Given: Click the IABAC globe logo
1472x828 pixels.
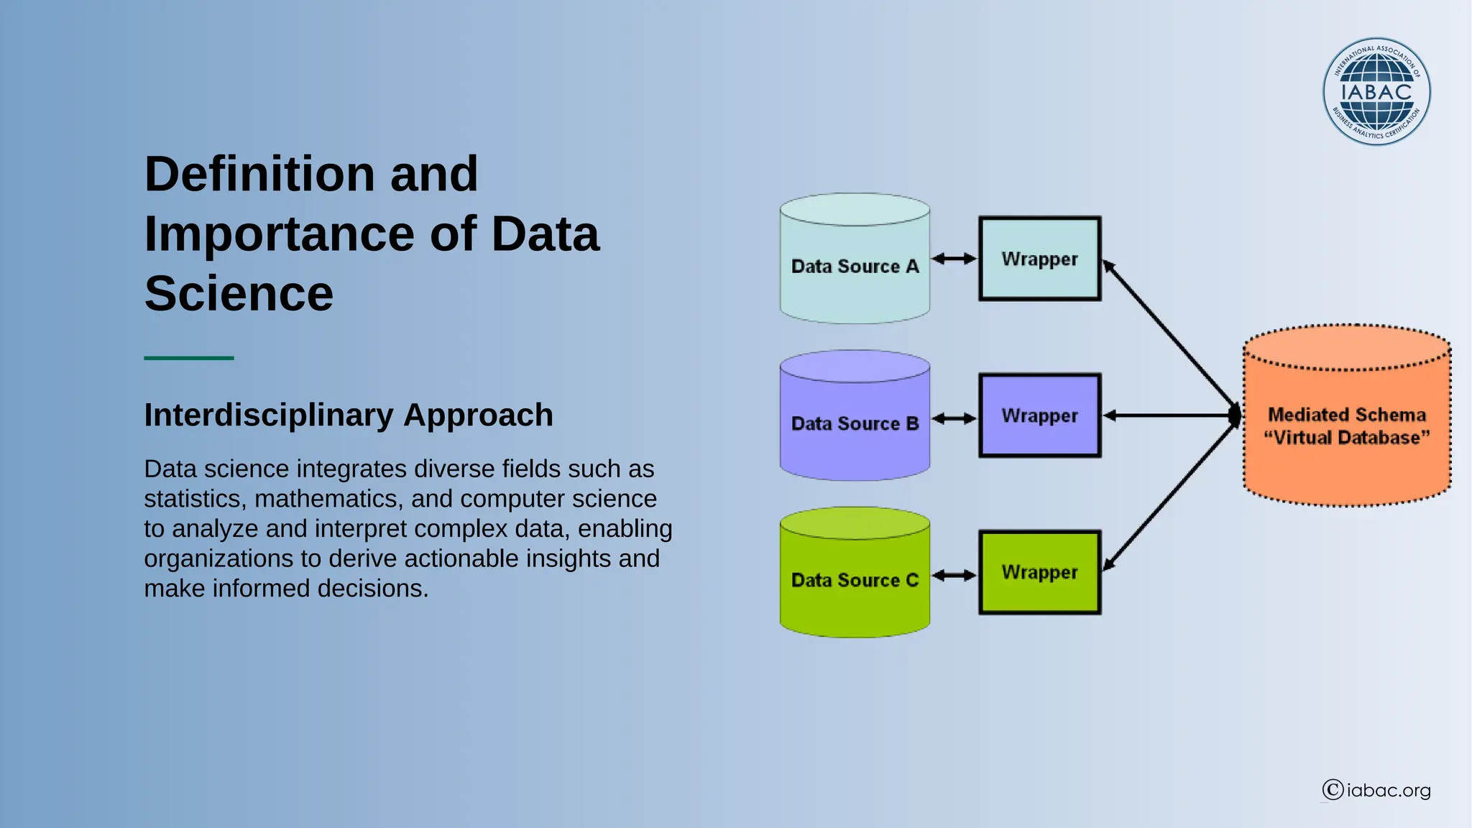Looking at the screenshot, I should click(1376, 91).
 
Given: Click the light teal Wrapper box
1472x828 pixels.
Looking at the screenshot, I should click(1039, 259).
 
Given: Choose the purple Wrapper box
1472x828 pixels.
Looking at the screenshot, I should click(1039, 415).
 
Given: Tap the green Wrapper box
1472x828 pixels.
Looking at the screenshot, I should click(1039, 572).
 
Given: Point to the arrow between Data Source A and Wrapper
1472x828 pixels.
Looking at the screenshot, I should click(954, 258).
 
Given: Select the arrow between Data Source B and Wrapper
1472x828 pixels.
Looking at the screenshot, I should click(954, 418).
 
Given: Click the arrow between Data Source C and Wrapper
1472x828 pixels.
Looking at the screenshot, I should click(954, 575).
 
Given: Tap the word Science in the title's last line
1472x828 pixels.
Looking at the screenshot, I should click(239, 293).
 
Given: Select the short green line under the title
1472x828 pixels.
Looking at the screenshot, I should click(188, 357).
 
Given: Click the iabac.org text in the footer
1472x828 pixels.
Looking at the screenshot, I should click(1389, 791).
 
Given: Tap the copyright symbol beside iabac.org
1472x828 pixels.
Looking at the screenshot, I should click(1333, 790).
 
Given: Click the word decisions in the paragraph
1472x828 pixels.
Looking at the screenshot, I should click(372, 588).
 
